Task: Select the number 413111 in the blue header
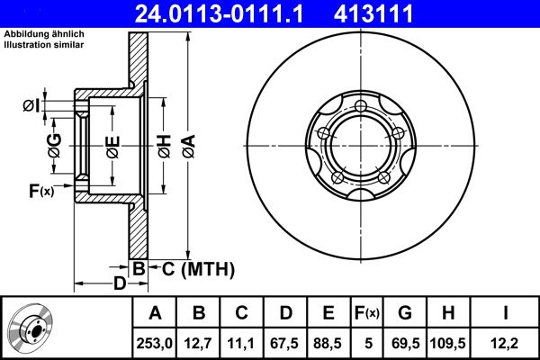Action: (399, 13)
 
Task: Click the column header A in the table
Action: (155, 313)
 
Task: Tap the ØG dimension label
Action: (55, 145)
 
